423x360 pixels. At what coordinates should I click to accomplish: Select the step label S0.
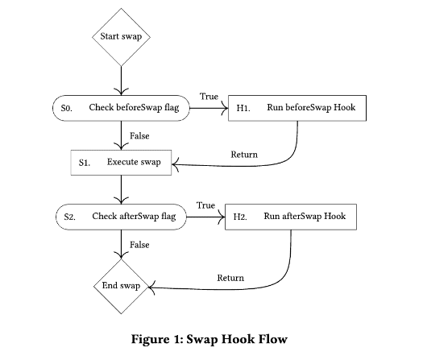click(x=67, y=109)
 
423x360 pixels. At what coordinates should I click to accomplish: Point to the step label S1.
click(x=85, y=163)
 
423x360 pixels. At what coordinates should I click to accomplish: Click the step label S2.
click(x=70, y=217)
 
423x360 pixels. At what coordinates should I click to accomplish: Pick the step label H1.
click(x=243, y=108)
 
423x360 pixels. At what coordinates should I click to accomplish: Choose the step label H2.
click(x=240, y=217)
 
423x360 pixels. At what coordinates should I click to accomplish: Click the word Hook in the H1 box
click(x=345, y=107)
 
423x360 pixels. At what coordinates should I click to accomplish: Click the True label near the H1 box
click(x=209, y=97)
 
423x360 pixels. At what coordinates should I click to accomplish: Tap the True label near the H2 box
click(x=205, y=205)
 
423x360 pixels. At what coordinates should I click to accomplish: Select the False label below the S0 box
click(x=139, y=135)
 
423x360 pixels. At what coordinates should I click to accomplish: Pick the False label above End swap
click(x=139, y=245)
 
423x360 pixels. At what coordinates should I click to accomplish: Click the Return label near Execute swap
click(x=244, y=155)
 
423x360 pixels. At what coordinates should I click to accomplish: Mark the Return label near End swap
click(x=230, y=278)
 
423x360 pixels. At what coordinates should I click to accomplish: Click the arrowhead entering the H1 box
click(x=225, y=108)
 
